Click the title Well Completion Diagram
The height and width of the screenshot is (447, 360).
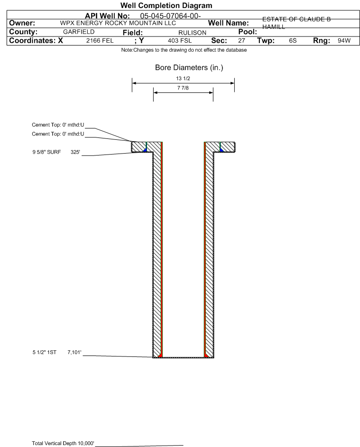[166, 5]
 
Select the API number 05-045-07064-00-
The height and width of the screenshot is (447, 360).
[170, 16]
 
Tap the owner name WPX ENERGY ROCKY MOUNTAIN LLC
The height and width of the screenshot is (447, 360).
[118, 23]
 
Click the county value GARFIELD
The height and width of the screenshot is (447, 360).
[79, 32]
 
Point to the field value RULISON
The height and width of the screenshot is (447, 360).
[192, 33]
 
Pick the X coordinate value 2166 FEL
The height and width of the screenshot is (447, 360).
[100, 41]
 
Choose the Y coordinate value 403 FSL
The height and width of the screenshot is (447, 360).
[180, 41]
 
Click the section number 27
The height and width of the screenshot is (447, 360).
[241, 41]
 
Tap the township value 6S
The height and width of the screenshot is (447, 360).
[293, 41]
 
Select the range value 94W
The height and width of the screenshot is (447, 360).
[344, 41]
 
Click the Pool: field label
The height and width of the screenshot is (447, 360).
[248, 32]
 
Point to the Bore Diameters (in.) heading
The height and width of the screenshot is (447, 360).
[189, 68]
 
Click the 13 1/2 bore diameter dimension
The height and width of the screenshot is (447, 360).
[183, 78]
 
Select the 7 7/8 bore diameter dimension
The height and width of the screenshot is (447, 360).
[183, 88]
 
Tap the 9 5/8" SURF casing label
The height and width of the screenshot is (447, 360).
[46, 152]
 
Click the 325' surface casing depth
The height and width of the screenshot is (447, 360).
[75, 152]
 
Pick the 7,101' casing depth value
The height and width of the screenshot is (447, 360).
[74, 352]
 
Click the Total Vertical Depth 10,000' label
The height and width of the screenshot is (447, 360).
[63, 443]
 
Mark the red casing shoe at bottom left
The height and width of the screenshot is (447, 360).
[160, 355]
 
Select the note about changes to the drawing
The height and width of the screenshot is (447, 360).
[184, 50]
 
